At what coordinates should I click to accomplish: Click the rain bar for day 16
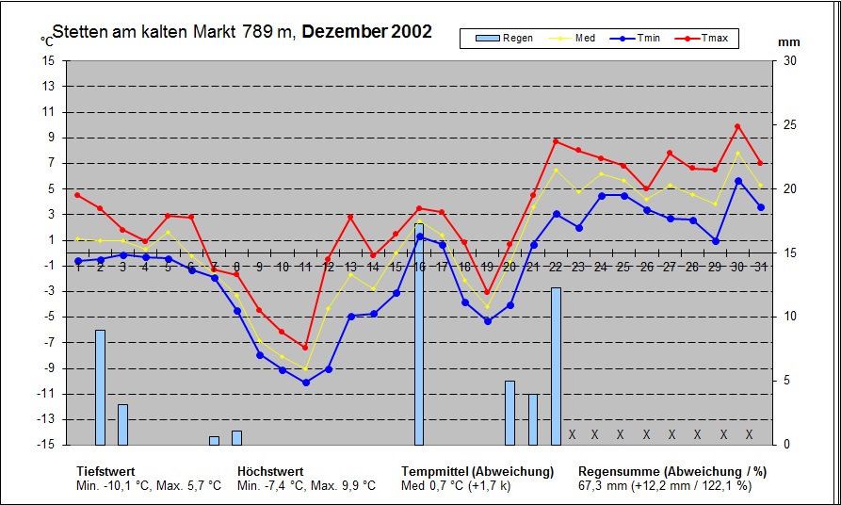[x=419, y=334]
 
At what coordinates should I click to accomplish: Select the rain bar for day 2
[x=100, y=387]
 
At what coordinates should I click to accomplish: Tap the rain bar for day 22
[x=556, y=367]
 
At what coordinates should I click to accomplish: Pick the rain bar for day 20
[x=509, y=413]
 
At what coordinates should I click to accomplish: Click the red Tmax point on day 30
[x=737, y=126]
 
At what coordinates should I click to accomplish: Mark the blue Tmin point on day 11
[x=305, y=383]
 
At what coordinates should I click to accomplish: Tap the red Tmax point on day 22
[x=556, y=141]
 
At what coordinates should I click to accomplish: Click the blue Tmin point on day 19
[x=487, y=321]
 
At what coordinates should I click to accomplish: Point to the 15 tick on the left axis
[x=47, y=60]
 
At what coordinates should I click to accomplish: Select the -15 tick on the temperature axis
[x=45, y=445]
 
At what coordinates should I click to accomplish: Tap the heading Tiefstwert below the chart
[x=105, y=471]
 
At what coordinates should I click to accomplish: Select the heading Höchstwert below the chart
[x=269, y=471]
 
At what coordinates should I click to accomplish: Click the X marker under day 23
[x=572, y=434]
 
